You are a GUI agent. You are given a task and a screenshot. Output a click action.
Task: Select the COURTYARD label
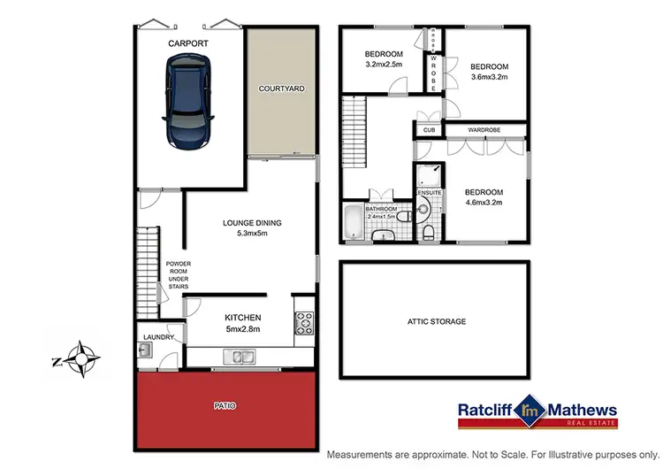point(281,89)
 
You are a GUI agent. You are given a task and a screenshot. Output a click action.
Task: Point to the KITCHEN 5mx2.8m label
point(242,323)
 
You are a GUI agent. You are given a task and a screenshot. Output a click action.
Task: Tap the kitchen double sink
point(240,358)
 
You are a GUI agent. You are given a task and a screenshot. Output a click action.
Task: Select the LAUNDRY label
point(158,338)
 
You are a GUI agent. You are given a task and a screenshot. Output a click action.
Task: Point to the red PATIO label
point(225,405)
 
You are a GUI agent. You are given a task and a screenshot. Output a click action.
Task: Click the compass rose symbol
point(80,358)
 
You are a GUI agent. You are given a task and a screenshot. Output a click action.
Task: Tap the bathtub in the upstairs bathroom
point(354,219)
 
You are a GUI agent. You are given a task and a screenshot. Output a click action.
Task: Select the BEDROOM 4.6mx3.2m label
point(484,197)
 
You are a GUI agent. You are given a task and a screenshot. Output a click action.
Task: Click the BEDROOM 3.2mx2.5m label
point(384,58)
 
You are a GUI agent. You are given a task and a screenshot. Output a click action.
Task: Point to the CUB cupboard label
point(429,130)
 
